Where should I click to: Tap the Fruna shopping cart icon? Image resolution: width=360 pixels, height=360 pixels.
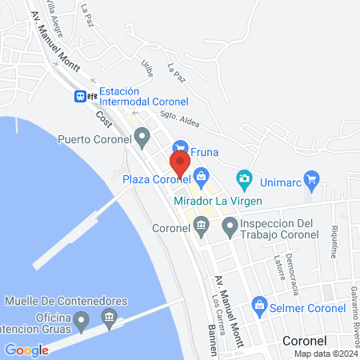pyautogui.click(x=181, y=149)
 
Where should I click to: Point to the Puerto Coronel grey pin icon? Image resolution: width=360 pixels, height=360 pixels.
pyautogui.click(x=142, y=137)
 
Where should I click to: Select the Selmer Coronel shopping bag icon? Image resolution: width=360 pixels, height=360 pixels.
pyautogui.click(x=259, y=305)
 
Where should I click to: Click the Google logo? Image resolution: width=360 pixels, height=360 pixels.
pyautogui.click(x=26, y=350)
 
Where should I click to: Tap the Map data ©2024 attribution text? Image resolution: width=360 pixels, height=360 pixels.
pyautogui.click(x=324, y=354)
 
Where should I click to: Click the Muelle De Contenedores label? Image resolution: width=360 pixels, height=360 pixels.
pyautogui.click(x=66, y=301)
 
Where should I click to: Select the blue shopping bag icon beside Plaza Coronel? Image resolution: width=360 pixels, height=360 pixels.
pyautogui.click(x=202, y=176)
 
